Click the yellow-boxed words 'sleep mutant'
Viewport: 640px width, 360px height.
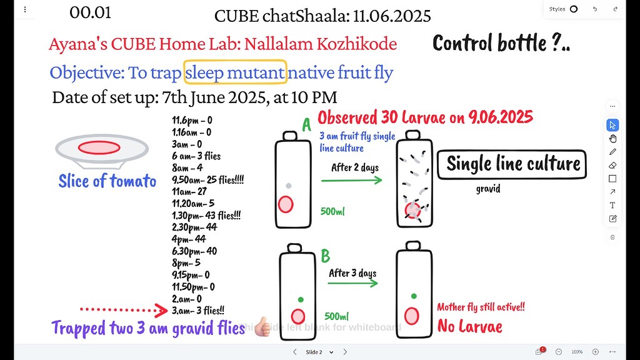click(x=236, y=72)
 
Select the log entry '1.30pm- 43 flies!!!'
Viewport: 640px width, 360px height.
click(x=206, y=215)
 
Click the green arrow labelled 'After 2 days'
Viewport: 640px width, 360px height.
click(x=351, y=180)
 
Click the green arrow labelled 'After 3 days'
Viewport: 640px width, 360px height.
click(x=352, y=282)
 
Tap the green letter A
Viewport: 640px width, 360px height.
click(x=306, y=126)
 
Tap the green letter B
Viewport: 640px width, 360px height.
click(x=325, y=256)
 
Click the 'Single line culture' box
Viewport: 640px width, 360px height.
click(x=512, y=164)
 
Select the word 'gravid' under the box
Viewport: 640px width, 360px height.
click(x=487, y=188)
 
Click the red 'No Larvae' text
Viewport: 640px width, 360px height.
click(x=469, y=326)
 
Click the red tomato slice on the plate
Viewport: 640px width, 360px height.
click(x=99, y=147)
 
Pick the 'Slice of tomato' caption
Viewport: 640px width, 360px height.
click(x=107, y=181)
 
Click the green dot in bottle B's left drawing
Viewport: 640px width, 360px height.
click(x=301, y=299)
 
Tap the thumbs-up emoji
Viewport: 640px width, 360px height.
click(x=261, y=326)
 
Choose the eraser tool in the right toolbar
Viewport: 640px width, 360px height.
click(x=612, y=165)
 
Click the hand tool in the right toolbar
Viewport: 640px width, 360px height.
click(x=612, y=138)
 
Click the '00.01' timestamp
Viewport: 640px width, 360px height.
click(x=91, y=12)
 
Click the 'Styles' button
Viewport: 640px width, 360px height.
click(x=562, y=9)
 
